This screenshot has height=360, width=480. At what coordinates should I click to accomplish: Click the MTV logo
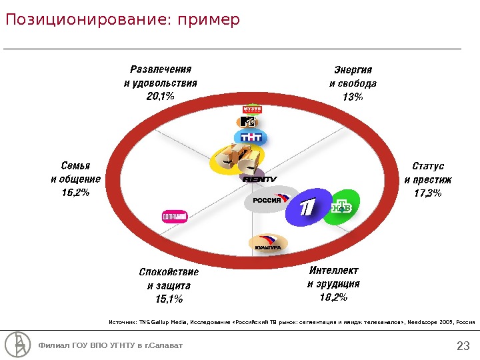point(247,122)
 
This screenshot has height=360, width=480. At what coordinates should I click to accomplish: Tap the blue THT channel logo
point(251,137)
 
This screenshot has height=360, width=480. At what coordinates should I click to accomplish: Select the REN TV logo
point(259,179)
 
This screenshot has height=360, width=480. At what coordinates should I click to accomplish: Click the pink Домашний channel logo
point(173,217)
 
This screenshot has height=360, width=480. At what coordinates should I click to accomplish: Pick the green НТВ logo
point(341,208)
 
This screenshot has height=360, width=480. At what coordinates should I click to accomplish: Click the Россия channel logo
point(270,199)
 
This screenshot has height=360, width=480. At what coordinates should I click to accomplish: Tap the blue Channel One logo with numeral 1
point(306,208)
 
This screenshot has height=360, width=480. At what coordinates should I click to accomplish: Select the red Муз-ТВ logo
point(252,109)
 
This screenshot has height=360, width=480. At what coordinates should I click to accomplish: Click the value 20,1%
point(160,97)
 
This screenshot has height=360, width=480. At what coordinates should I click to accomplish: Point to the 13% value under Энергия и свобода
point(353,97)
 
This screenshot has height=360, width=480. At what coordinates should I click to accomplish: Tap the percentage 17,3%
point(428,193)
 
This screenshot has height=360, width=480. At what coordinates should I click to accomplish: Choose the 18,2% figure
point(333,297)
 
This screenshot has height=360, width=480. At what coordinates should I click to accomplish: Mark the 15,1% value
point(169,299)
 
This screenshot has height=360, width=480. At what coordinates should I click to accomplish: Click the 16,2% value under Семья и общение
point(75,193)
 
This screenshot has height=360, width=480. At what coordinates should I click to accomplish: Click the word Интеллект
point(333,271)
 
